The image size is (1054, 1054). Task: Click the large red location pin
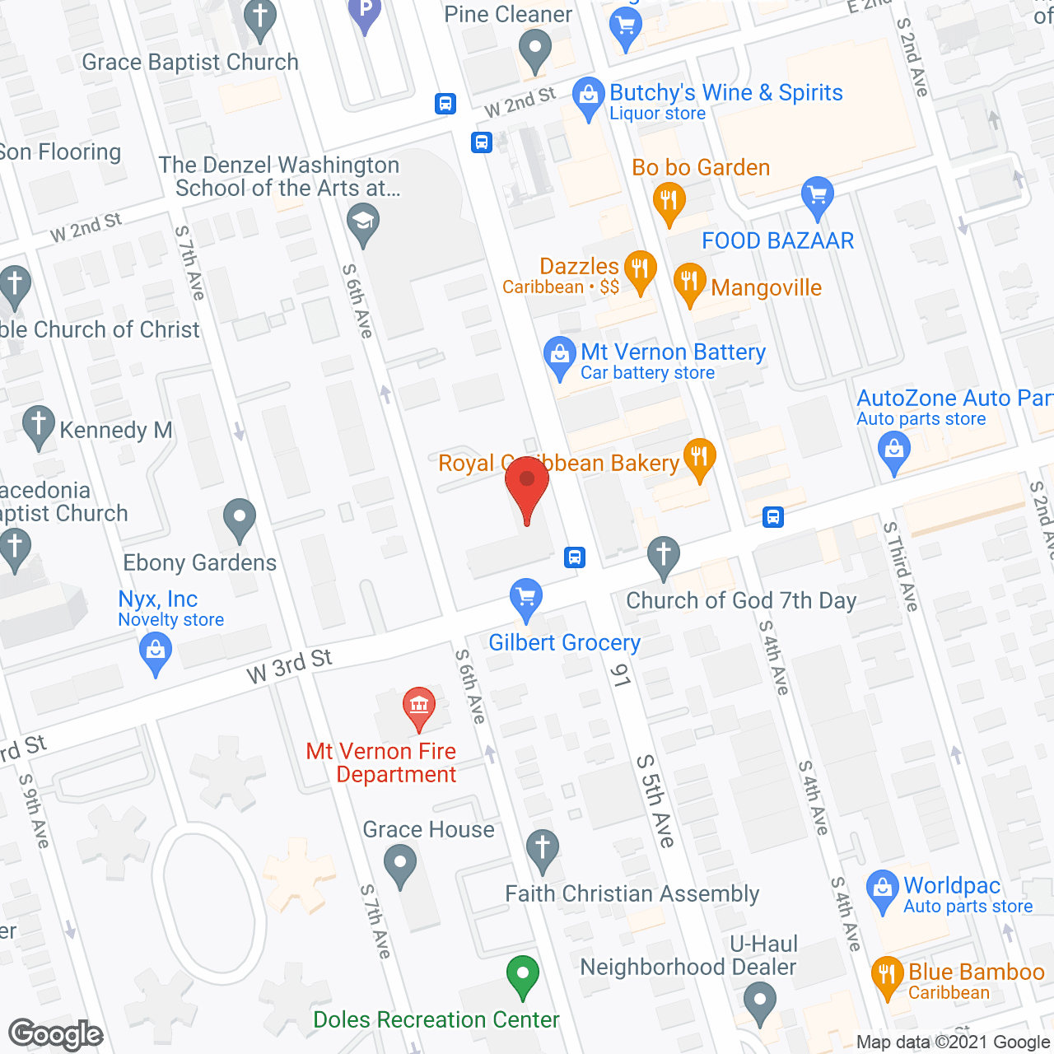(527, 486)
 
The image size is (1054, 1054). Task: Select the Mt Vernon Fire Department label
(381, 763)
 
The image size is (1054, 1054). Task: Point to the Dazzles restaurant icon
(640, 269)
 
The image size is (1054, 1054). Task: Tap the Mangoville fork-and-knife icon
(689, 282)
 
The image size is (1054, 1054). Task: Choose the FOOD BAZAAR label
(777, 240)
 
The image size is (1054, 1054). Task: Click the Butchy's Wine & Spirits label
(725, 93)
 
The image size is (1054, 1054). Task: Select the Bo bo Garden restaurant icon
(669, 201)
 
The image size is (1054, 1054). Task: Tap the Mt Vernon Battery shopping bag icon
(560, 356)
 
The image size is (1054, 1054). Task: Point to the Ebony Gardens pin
(240, 519)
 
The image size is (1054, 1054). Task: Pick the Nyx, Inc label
(158, 599)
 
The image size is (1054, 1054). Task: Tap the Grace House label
(428, 829)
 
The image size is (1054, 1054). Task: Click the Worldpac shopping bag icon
(882, 889)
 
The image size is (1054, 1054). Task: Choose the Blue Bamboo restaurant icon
(887, 975)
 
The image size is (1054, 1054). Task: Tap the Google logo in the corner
(56, 1034)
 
